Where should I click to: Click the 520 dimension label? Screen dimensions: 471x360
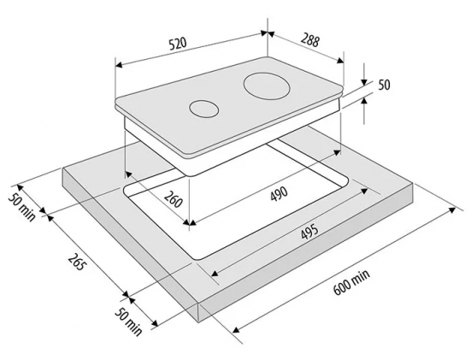pos(178,44)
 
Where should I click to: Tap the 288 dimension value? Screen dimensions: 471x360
pos(310,40)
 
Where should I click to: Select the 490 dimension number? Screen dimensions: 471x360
pos(279,194)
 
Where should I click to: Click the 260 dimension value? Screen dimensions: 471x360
pos(174,198)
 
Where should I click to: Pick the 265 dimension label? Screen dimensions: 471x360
pos(77,262)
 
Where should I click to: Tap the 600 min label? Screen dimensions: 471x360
pos(351,282)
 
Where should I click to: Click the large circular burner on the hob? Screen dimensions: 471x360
pos(267,86)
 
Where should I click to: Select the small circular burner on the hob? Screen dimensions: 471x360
pos(203,109)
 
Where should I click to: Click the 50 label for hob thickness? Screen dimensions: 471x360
pos(384,85)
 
